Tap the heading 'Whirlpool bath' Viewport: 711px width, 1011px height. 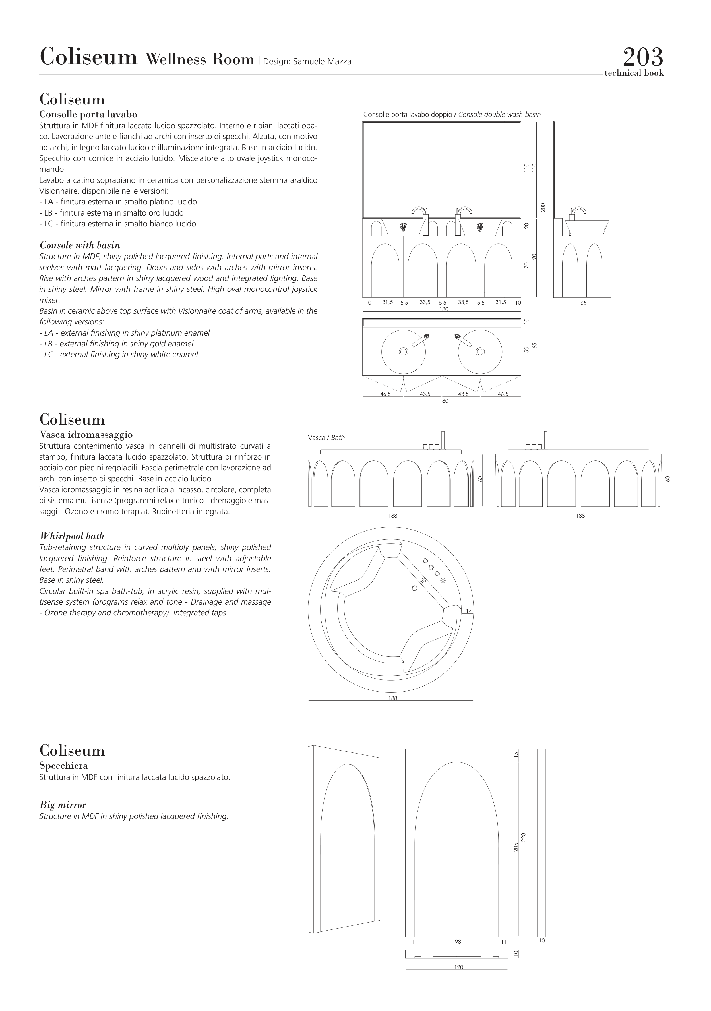click(x=72, y=536)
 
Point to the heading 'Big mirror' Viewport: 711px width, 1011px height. click(x=63, y=805)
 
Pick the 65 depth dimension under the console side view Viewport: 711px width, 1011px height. click(x=583, y=303)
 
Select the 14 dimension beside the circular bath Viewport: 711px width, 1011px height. click(x=469, y=611)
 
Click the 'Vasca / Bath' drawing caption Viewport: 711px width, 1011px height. click(x=326, y=438)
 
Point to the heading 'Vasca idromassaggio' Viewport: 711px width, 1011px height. click(x=86, y=435)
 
